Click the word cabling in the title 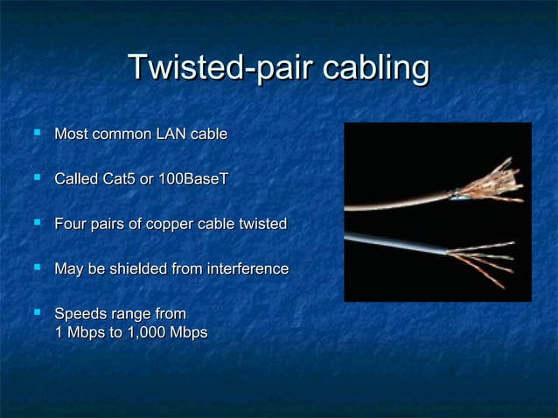point(376,68)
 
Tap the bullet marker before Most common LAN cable point(36,134)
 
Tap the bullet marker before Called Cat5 point(36,178)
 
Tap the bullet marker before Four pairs point(36,224)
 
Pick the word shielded point(141,269)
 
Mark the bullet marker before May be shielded point(36,268)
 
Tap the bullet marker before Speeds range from point(36,313)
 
